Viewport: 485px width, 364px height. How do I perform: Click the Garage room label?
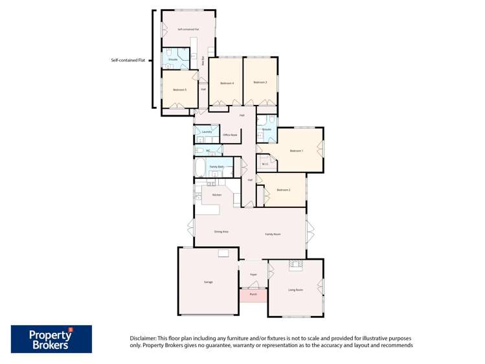point(209,282)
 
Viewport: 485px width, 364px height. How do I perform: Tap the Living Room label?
point(296,290)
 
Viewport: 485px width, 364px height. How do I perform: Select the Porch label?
point(253,294)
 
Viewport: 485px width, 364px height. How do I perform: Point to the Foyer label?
point(253,275)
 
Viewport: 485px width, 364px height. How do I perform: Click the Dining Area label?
point(221,231)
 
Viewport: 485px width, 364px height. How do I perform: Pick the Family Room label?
point(273,234)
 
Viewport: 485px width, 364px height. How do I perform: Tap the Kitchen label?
point(216,194)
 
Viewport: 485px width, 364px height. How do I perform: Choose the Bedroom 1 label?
point(296,151)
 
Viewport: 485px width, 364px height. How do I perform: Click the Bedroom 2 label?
point(283,190)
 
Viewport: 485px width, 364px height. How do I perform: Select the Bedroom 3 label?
point(260,82)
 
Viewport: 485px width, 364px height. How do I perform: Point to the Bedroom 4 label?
point(227,83)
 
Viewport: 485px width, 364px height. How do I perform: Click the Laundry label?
point(207,132)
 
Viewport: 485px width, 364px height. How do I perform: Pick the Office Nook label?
point(230,135)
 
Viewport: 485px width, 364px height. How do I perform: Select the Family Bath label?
point(217,167)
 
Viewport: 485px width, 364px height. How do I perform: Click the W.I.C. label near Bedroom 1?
point(265,163)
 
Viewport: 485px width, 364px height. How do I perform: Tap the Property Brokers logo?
point(51,339)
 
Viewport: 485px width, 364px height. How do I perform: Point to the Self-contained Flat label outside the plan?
point(128,60)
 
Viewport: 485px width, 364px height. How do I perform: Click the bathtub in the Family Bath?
point(199,168)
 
